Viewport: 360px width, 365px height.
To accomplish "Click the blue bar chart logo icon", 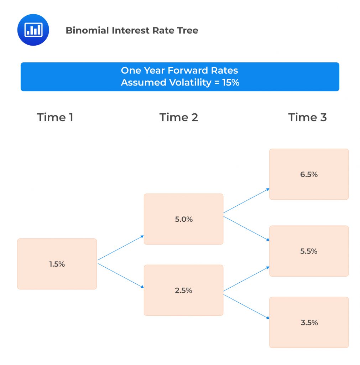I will pyautogui.click(x=33, y=30).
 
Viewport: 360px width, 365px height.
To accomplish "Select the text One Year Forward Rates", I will pyautogui.click(x=179, y=70).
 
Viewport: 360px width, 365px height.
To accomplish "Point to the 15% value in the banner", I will pyautogui.click(x=231, y=82).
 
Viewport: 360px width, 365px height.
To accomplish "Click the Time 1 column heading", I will pyautogui.click(x=55, y=117).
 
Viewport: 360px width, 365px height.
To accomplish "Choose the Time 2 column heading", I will pyautogui.click(x=178, y=117).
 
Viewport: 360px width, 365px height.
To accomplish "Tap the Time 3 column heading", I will pyautogui.click(x=307, y=117).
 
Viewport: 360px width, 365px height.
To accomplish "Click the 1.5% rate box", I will pyautogui.click(x=57, y=264).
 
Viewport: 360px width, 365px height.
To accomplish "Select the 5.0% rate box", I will pyautogui.click(x=183, y=219).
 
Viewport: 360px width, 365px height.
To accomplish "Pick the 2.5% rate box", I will pyautogui.click(x=183, y=290).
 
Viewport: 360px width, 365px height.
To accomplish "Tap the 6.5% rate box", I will pyautogui.click(x=309, y=174).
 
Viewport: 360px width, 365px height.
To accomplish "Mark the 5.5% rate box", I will pyautogui.click(x=309, y=251).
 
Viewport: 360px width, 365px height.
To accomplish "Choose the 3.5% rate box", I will pyautogui.click(x=309, y=322).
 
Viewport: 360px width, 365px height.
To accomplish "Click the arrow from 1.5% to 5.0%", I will pyautogui.click(x=120, y=248).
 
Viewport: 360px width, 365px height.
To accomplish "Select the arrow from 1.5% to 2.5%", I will pyautogui.click(x=120, y=276).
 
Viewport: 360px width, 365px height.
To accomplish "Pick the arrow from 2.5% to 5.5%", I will pyautogui.click(x=246, y=279).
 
